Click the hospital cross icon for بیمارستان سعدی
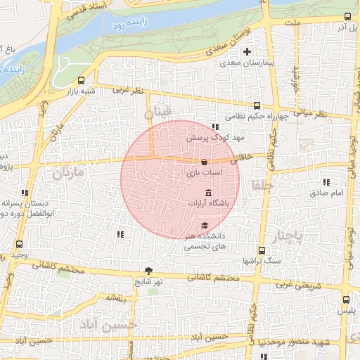247,51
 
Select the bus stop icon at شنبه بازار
82,80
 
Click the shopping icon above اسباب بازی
204,162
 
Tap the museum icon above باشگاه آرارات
208,193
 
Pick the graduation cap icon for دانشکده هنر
205,226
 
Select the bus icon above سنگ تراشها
262,250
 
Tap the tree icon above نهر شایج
148,271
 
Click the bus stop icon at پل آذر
347,17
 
